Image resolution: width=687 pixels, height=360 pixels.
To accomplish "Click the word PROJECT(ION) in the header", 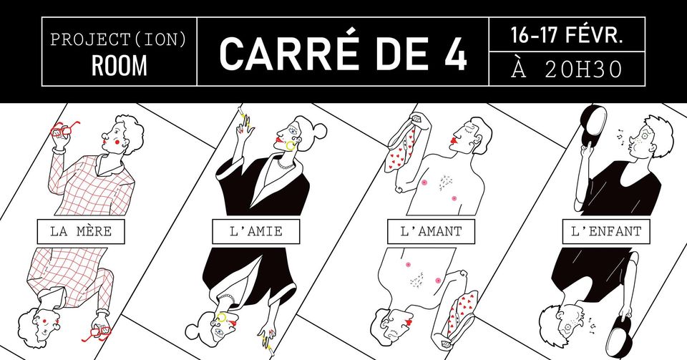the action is click(x=118, y=40).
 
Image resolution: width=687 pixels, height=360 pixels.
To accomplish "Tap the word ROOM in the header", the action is click(x=120, y=66).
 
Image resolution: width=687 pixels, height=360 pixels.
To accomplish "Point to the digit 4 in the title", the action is click(x=454, y=54).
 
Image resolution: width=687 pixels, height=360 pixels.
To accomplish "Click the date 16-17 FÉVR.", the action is click(x=567, y=34).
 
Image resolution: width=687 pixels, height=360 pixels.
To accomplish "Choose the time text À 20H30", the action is click(x=567, y=69).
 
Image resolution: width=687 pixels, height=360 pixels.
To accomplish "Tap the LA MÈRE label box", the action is click(x=81, y=232).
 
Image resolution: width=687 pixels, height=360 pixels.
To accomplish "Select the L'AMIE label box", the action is click(x=256, y=232).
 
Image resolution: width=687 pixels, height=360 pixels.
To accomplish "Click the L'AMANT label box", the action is click(x=431, y=232).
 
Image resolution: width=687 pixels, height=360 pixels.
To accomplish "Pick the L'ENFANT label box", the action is click(x=606, y=232).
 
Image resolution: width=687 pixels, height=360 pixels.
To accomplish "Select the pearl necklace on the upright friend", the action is click(x=286, y=165).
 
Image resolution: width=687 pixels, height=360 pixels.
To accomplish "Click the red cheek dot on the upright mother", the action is click(x=116, y=142).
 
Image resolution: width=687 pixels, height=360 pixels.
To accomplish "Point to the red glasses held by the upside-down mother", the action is click(x=97, y=334).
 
